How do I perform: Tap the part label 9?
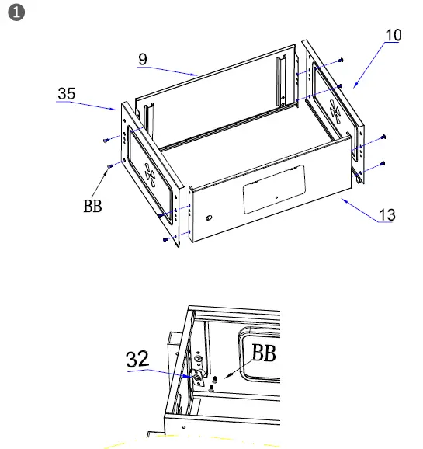[x=143, y=58]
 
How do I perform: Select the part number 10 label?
[x=394, y=35]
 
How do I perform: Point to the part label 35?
[x=67, y=94]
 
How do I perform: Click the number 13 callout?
[x=386, y=215]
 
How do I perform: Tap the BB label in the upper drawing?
[x=92, y=208]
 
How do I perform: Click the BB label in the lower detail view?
[x=263, y=354]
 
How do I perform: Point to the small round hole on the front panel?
[x=207, y=218]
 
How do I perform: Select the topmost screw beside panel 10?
[x=341, y=61]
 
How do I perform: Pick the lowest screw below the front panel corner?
[x=165, y=240]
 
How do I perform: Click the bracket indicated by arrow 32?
[x=199, y=377]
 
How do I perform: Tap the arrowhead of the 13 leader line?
[x=342, y=200]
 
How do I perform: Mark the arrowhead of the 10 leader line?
[x=354, y=86]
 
